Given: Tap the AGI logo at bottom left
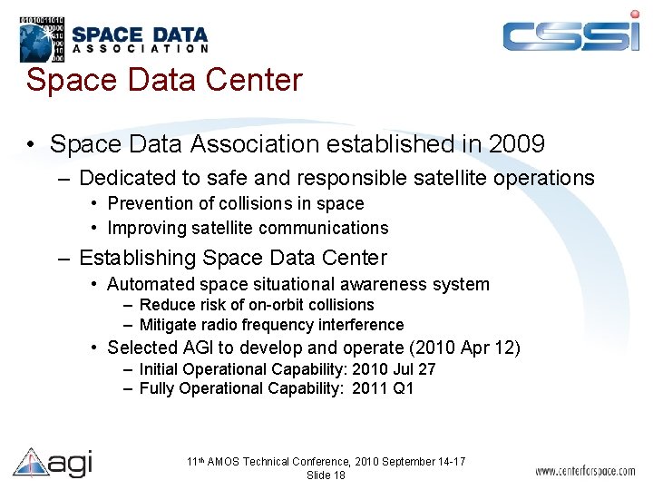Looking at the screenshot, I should point(53,463).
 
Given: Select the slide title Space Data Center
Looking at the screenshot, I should point(163,80).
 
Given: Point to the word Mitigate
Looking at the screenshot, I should point(168,325).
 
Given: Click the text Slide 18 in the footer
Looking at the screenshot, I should point(326,475).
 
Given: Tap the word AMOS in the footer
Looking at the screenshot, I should point(225,462).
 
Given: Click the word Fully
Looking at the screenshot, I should point(158,388).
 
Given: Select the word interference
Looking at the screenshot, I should point(360,325).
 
